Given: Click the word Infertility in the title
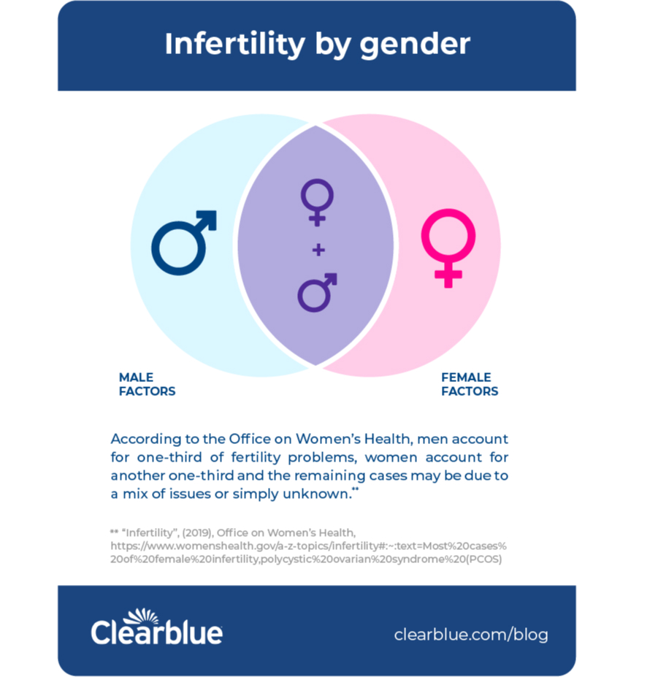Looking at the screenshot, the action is point(235,44).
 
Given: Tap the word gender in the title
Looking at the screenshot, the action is point(415,45).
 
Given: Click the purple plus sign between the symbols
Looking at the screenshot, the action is point(318,250).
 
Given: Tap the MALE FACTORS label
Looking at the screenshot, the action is point(148,384).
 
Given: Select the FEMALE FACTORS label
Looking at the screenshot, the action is point(470,384).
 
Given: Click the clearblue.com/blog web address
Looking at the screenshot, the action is point(471,635).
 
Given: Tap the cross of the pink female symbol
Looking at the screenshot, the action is point(448,274).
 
